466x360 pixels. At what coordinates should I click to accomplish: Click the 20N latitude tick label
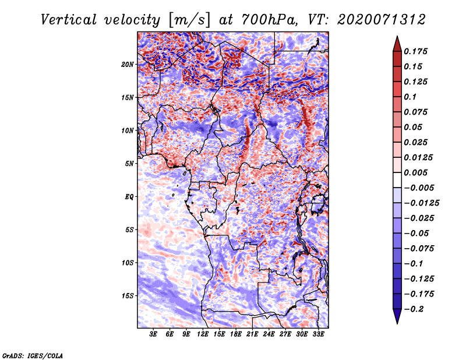128,64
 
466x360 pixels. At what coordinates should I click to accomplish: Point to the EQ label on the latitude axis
129,196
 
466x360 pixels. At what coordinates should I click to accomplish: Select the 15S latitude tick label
128,295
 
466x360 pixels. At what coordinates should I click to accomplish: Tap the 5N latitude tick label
129,163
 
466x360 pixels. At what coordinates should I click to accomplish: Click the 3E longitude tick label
153,334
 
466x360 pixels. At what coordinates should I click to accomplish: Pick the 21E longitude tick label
252,334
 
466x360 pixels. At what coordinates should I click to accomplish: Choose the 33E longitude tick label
318,334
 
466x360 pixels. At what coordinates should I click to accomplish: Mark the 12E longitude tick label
203,334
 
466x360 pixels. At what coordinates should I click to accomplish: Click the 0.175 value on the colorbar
417,51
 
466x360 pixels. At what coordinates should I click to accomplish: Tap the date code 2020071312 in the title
377,19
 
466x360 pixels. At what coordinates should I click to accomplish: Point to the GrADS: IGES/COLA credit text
32,354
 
